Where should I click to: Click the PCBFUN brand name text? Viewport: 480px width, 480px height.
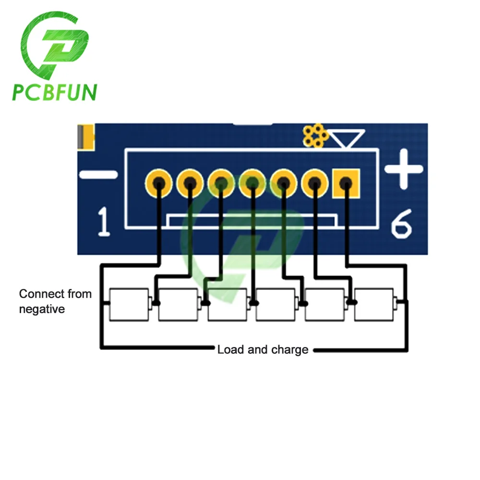click(x=55, y=92)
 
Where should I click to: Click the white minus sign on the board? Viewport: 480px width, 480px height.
click(x=98, y=175)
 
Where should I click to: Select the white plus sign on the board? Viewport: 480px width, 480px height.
click(x=404, y=168)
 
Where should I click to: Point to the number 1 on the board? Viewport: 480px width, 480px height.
click(x=104, y=222)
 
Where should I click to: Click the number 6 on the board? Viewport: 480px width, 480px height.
click(x=401, y=224)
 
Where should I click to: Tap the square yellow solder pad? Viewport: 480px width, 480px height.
click(x=346, y=184)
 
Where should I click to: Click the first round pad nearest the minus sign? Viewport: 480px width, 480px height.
click(x=158, y=183)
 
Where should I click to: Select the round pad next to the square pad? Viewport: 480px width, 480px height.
click(x=315, y=183)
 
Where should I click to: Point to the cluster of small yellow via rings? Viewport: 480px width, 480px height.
click(x=315, y=135)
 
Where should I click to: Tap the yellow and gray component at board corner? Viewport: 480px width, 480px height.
click(x=86, y=137)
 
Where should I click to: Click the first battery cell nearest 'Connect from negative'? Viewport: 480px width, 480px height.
click(x=129, y=304)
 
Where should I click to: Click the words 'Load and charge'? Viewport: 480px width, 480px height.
click(x=263, y=349)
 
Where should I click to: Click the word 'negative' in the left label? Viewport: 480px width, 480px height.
click(x=42, y=309)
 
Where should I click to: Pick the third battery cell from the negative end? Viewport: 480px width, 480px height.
click(x=228, y=304)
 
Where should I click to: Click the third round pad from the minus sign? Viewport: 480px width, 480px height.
click(x=221, y=183)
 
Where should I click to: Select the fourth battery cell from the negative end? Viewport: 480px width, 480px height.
click(x=276, y=304)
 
